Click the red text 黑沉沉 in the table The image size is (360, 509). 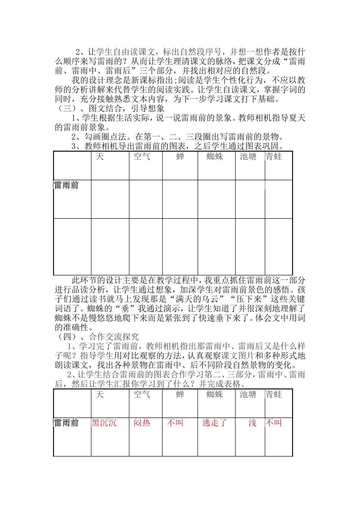[104, 423]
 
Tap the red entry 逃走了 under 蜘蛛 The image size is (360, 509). [214, 423]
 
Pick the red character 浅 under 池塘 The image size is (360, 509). [252, 423]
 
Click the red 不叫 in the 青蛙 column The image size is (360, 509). [274, 423]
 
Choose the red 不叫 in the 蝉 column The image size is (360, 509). [175, 423]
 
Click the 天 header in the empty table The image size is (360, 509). [100, 156]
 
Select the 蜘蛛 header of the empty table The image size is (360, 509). [215, 156]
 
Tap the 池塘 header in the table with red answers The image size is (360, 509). [248, 395]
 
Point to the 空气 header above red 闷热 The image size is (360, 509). [142, 395]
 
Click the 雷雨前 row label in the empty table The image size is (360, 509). [66, 185]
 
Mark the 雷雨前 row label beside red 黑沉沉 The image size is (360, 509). [66, 423]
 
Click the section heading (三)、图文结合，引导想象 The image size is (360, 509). [110, 109]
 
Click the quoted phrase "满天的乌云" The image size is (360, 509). [197, 299]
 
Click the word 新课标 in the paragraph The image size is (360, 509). [153, 80]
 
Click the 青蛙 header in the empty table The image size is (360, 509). [274, 156]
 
